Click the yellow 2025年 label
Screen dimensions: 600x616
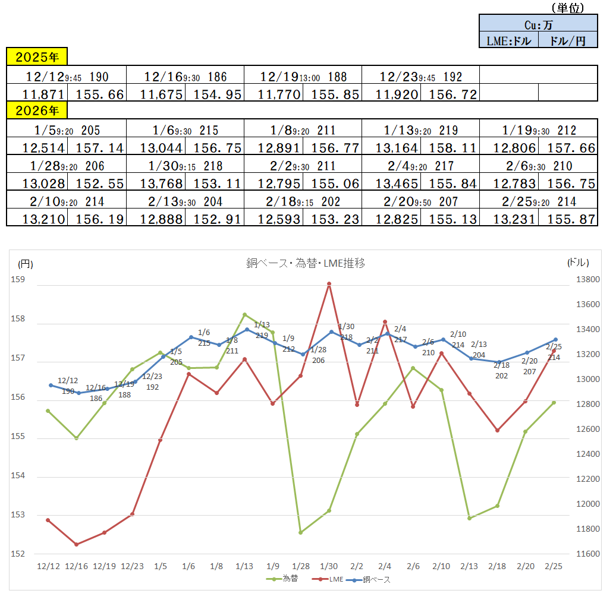(x=37, y=57)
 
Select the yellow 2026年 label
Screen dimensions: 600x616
(x=37, y=110)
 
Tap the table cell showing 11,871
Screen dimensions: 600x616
(x=37, y=93)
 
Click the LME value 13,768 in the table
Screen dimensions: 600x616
(x=156, y=184)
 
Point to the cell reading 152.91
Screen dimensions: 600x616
(x=215, y=219)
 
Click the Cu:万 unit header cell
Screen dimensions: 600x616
(x=538, y=24)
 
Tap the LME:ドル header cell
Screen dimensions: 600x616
(x=508, y=40)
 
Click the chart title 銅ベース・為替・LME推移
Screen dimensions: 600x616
(x=306, y=263)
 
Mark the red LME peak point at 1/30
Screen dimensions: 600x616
(x=329, y=284)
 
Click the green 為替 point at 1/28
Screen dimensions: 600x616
(x=301, y=532)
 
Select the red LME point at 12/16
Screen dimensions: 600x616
(x=76, y=544)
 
